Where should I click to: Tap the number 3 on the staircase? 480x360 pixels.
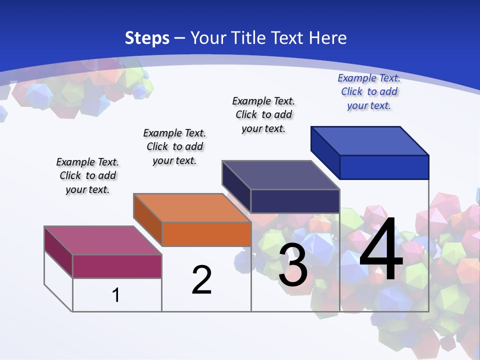click(293, 265)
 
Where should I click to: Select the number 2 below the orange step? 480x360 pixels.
click(201, 280)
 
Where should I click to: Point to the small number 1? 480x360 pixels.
click(116, 295)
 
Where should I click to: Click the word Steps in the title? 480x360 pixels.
click(147, 38)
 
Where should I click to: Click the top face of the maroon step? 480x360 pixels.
click(102, 240)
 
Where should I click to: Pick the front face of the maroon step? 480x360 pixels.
click(117, 266)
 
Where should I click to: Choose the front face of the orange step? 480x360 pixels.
click(206, 234)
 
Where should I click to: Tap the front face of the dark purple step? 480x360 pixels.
click(295, 201)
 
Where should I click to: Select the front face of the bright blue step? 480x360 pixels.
click(384, 167)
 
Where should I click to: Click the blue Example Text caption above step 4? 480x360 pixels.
click(369, 91)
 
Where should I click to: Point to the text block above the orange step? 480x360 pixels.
click(174, 146)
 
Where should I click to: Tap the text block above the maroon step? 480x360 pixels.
click(87, 175)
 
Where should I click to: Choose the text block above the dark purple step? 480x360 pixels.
click(263, 114)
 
